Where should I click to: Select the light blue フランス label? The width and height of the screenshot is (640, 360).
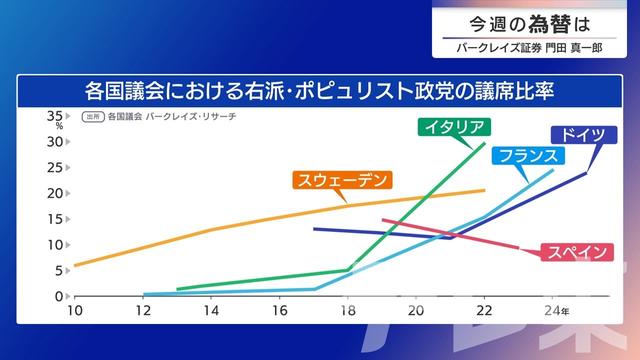coord(529,156)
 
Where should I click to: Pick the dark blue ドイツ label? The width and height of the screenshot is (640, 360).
coord(582,134)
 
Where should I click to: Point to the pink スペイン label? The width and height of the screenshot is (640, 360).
coord(575,252)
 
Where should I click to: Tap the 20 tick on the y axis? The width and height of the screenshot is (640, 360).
coord(56,193)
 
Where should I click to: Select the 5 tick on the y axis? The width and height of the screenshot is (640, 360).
coord(59,271)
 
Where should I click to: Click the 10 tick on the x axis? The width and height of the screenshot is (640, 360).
coord(74,310)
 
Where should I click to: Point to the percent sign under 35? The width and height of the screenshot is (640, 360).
coord(59,127)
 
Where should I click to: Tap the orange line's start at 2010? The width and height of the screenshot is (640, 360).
coord(75,265)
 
